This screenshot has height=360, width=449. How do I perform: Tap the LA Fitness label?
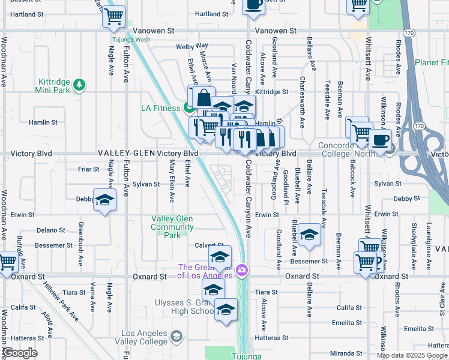(x=160, y=108)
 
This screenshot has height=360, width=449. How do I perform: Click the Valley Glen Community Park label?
(x=172, y=227)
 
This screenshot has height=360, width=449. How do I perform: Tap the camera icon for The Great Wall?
(x=242, y=271)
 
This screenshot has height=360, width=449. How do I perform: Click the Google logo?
(x=20, y=353)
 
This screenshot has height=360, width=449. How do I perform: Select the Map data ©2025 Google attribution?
(x=412, y=355)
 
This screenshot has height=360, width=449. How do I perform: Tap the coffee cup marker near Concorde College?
(x=380, y=140)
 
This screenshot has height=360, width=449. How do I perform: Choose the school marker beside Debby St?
(x=104, y=200)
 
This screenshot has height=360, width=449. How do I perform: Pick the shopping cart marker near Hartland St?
(x=113, y=16)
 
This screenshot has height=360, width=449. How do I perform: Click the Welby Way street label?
(x=191, y=46)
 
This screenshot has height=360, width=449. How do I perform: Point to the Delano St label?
(x=50, y=230)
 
